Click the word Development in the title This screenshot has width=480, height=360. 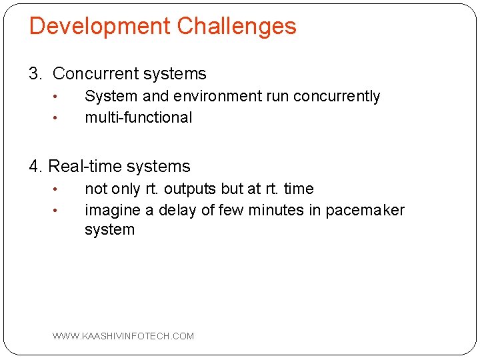click(x=99, y=27)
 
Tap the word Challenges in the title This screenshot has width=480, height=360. click(x=237, y=27)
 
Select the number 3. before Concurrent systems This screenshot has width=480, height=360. click(x=37, y=74)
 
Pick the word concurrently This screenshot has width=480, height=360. click(x=336, y=97)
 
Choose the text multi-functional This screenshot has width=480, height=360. click(x=138, y=118)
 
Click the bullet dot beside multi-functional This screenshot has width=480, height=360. click(x=57, y=119)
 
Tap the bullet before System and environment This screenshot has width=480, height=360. click(x=57, y=97)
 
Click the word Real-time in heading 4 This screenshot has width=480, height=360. click(x=86, y=167)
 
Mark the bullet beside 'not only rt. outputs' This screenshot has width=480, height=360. click(x=57, y=190)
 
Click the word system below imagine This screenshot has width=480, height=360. click(x=109, y=230)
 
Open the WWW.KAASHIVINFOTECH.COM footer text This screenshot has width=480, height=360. click(x=123, y=336)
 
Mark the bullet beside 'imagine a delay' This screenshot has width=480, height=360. click(x=57, y=211)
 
